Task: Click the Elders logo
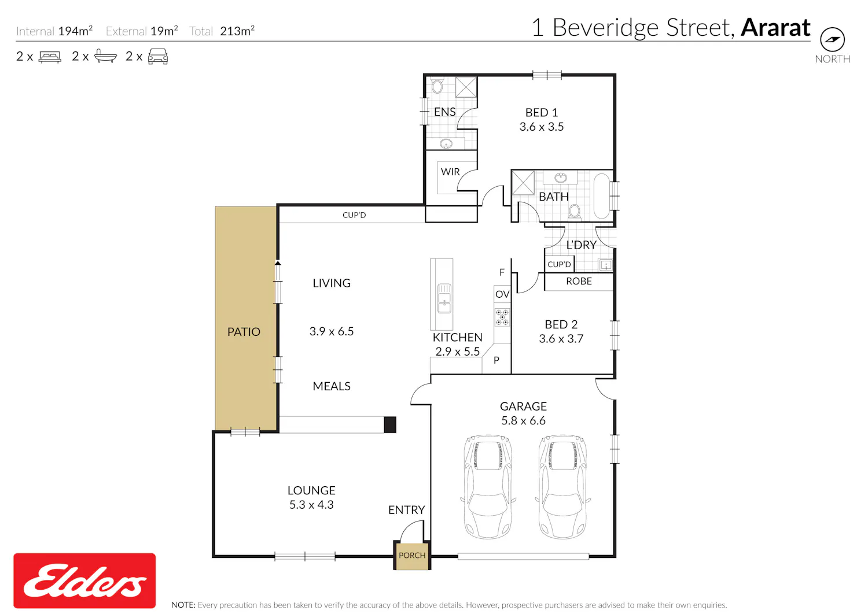(x=84, y=580)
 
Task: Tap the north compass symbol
(x=832, y=39)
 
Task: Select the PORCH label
(x=412, y=555)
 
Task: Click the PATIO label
(x=244, y=332)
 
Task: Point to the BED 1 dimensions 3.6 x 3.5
(x=541, y=127)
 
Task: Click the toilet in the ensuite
(x=437, y=86)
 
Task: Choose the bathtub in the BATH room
(x=601, y=196)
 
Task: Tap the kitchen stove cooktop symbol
(x=502, y=317)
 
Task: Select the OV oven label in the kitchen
(x=502, y=294)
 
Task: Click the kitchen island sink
(x=444, y=298)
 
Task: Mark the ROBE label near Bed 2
(x=579, y=281)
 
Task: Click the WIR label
(x=450, y=172)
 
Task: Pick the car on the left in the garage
(x=488, y=487)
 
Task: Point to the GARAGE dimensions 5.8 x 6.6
(x=523, y=420)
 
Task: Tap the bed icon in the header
(x=50, y=57)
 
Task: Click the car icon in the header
(x=158, y=57)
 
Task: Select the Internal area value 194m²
(x=75, y=31)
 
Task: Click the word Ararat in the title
(x=775, y=28)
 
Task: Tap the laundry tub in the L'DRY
(x=606, y=265)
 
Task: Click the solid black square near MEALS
(x=390, y=424)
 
